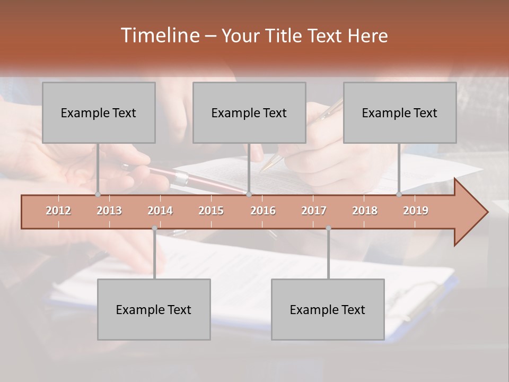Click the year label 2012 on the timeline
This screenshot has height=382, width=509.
coord(58,211)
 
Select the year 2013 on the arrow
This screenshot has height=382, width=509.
coord(109,211)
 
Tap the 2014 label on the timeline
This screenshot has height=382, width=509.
coord(160,211)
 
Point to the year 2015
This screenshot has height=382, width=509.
coord(211,211)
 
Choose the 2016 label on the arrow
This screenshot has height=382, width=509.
coord(263,211)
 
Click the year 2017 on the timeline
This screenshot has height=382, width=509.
coord(314,211)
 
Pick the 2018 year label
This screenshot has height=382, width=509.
coord(365,211)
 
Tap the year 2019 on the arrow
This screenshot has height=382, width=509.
coord(416,211)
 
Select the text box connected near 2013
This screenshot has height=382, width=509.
coord(99,112)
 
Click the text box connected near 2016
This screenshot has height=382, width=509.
coord(249,112)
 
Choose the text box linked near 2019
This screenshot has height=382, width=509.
coord(400,112)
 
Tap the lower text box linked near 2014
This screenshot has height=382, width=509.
coord(154,309)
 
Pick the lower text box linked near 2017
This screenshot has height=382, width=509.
coord(328,309)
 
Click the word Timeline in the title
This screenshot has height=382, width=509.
coord(159,36)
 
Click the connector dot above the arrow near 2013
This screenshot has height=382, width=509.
coord(98,194)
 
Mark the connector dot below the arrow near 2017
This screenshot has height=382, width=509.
coord(328,228)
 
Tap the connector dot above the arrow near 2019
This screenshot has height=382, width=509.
coord(399,194)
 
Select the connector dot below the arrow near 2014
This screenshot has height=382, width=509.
coord(154,228)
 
